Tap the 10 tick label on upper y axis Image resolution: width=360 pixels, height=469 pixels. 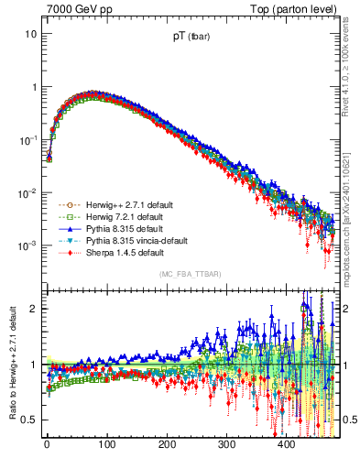click(x=31, y=34)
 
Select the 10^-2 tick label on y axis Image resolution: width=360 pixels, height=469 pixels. click(x=29, y=193)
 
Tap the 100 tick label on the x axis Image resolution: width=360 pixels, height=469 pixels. click(x=107, y=444)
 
